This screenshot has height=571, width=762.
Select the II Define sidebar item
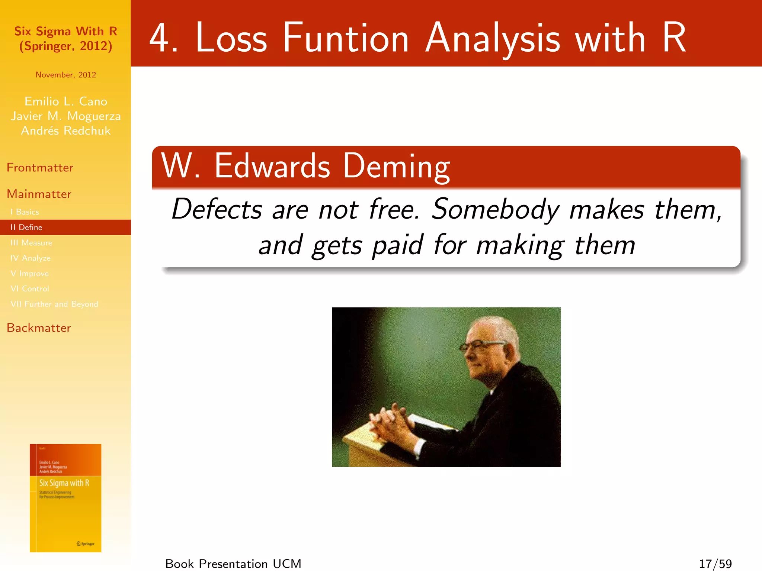(x=26, y=227)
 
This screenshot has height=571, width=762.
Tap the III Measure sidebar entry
(x=31, y=243)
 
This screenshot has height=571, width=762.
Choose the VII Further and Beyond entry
(x=54, y=304)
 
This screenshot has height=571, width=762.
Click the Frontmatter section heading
(x=40, y=168)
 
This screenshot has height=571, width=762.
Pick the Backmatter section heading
(x=39, y=328)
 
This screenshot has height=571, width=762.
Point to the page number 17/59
(x=715, y=564)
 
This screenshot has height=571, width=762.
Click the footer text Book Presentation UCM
(x=233, y=564)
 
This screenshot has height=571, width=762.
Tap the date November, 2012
(x=65, y=75)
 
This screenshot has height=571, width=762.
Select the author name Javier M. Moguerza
(x=65, y=116)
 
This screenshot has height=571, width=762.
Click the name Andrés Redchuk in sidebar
(x=65, y=131)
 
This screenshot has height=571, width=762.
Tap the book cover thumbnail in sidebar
(x=65, y=498)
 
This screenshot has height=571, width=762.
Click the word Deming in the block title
(x=396, y=166)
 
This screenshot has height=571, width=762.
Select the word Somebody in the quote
(x=495, y=209)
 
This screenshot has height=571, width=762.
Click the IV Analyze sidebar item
(x=31, y=258)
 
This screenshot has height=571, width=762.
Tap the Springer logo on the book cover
(x=86, y=543)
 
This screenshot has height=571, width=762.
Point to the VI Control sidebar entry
(x=30, y=289)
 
